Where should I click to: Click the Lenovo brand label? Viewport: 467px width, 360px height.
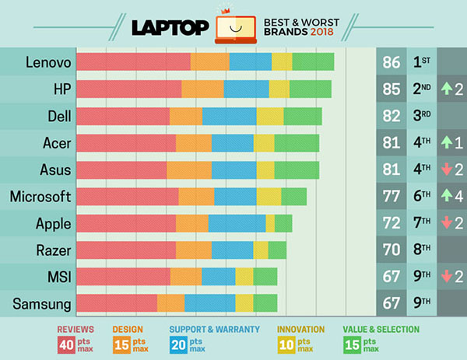pos(48,61)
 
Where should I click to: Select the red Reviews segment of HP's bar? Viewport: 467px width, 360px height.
pos(129,89)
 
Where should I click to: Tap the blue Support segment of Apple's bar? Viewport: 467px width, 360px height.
pos(237,223)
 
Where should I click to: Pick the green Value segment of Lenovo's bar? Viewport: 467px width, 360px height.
pos(313,61)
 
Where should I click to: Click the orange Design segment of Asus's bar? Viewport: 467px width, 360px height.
pos(189,170)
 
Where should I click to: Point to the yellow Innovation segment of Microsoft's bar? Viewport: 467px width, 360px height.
pos(269,197)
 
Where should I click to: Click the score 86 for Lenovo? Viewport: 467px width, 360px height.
pos(392,61)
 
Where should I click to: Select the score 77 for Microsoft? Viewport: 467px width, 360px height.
pos(392,197)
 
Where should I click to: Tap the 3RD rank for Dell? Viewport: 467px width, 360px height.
pos(423,116)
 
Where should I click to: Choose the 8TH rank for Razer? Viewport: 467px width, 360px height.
pos(423,250)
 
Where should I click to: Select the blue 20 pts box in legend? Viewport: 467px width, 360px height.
pos(178,343)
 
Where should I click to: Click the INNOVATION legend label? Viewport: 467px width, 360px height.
pos(302,329)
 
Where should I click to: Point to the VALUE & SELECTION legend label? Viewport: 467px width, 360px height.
pos(381,329)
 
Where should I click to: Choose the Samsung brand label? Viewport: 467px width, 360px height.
pos(40,304)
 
